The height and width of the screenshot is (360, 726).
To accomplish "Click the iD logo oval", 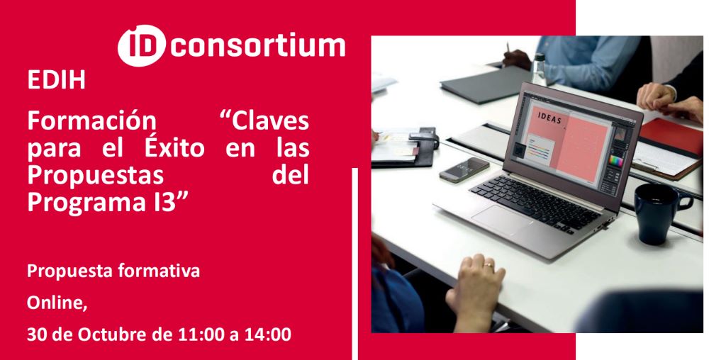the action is pos(141,45).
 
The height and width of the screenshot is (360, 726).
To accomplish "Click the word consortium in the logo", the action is pos(257,45).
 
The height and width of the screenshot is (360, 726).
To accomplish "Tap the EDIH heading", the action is pos(57,79).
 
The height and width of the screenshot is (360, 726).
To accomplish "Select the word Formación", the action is pos(91,122).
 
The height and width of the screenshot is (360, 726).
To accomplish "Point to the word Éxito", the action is pos(174,148).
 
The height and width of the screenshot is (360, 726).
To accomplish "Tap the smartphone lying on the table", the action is pos(464,170).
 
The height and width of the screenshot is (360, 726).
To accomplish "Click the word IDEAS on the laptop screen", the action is pos(549,119).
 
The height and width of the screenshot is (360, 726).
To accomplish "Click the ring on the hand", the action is pos(488,265).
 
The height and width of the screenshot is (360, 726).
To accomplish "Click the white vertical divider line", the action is pos(355,264).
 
